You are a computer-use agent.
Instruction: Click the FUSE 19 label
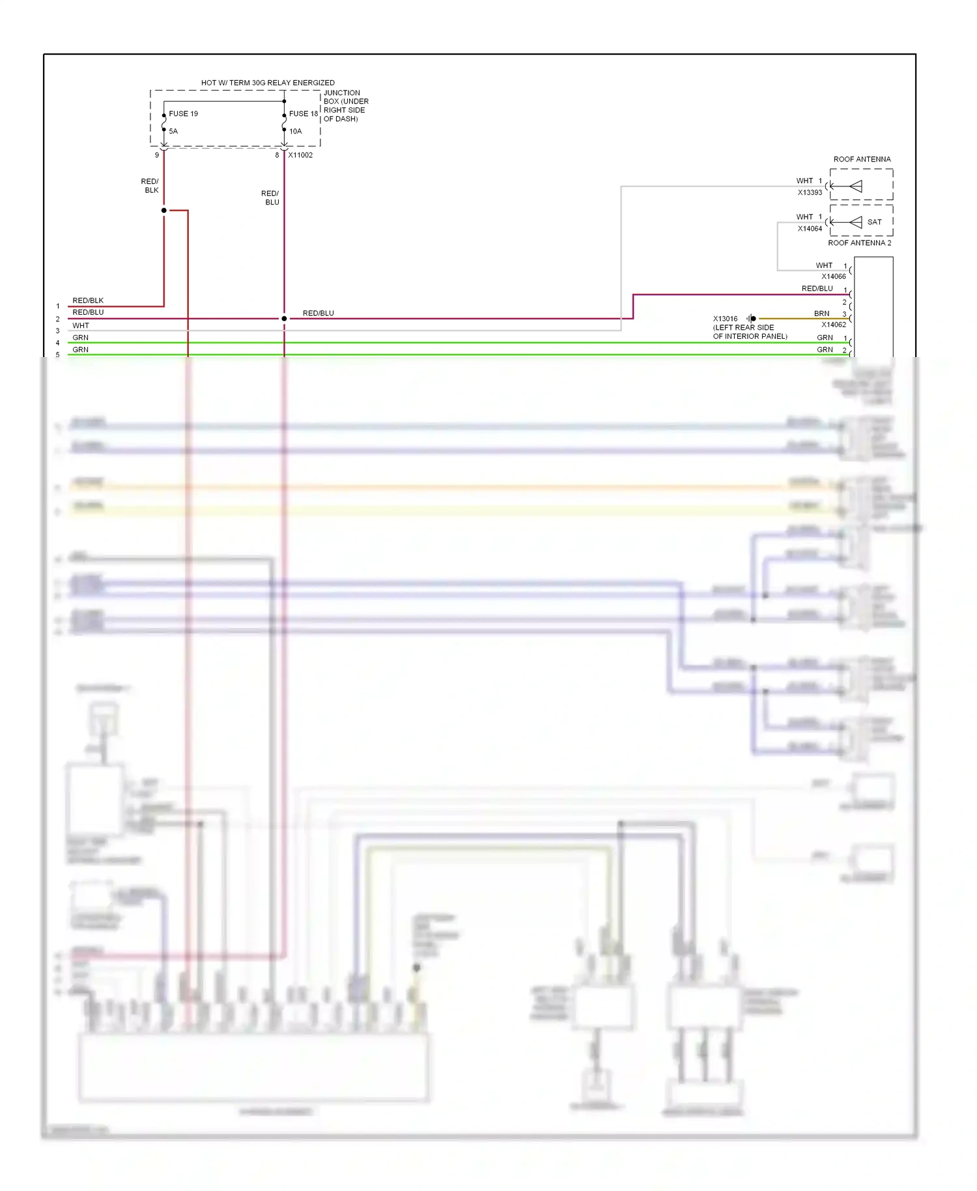coord(183,113)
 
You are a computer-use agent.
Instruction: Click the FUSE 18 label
coord(304,113)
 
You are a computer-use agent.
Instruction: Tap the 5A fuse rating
coord(173,131)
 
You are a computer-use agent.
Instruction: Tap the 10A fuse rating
coord(296,131)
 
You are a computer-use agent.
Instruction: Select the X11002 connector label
coord(300,155)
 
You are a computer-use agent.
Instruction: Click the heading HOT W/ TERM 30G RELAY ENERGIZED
coord(268,83)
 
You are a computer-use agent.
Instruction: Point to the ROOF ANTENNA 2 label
coord(859,243)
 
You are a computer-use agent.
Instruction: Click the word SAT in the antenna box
coord(874,222)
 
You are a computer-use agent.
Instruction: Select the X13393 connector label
coord(810,193)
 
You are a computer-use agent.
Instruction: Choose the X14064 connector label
coord(810,229)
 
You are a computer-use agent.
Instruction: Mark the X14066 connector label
coord(833,276)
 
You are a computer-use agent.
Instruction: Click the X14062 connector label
coord(833,324)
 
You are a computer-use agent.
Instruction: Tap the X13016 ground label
coord(725,319)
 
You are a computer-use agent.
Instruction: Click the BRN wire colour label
coord(821,313)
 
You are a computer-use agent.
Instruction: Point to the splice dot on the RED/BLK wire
coord(164,210)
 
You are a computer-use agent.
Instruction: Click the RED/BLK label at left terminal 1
coord(88,300)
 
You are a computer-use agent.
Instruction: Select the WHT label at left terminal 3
coord(81,326)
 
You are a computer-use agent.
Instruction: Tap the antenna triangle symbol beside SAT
coord(856,222)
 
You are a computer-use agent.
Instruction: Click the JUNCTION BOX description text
coord(346,106)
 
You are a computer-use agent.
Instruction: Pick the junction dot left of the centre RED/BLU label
coord(284,319)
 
